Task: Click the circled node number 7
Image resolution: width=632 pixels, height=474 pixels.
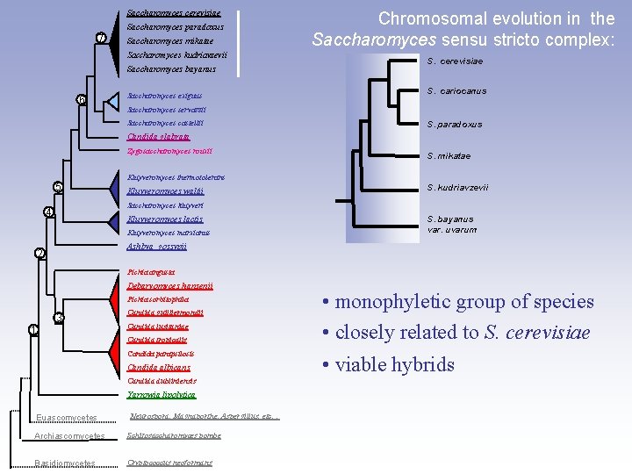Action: (x=102, y=38)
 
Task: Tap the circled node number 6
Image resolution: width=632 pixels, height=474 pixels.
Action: (x=81, y=100)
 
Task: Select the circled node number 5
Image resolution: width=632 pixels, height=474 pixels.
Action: (x=58, y=186)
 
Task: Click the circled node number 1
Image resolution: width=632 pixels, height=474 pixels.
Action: (x=32, y=329)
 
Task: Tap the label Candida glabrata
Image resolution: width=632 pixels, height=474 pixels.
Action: (x=158, y=136)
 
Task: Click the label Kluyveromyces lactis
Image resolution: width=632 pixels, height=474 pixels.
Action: (x=165, y=219)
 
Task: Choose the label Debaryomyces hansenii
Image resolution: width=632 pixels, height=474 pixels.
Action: (x=169, y=286)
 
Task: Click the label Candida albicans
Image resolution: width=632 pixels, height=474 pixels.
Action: (x=159, y=367)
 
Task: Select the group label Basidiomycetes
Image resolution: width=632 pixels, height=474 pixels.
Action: (x=66, y=463)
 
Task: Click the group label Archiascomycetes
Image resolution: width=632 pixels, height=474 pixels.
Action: (x=70, y=436)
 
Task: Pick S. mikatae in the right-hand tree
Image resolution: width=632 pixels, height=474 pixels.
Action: (x=449, y=156)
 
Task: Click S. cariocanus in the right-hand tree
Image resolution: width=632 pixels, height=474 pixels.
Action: (x=456, y=91)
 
